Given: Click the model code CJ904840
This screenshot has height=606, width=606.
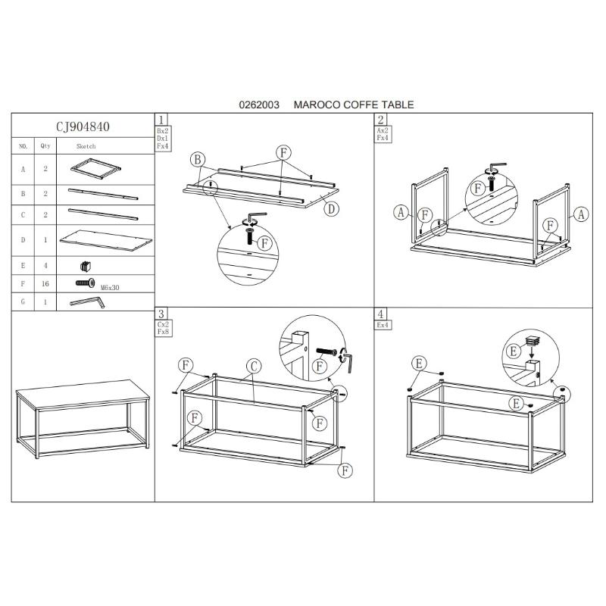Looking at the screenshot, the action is click(x=83, y=127).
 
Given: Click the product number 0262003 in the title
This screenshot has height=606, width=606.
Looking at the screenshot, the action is click(x=259, y=105).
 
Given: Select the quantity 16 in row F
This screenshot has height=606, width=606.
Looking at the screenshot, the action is click(x=45, y=283).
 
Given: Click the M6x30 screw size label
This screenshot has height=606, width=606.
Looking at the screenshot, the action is click(x=110, y=288).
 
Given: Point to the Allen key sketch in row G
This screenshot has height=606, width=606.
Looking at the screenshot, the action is click(x=87, y=301).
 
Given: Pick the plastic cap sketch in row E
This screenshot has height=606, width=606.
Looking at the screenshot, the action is click(x=86, y=266).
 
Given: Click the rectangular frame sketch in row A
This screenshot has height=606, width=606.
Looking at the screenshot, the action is click(x=96, y=168).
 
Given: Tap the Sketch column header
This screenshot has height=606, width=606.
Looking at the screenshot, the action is click(x=86, y=146).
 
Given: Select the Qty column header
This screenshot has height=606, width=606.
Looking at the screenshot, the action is click(x=45, y=145).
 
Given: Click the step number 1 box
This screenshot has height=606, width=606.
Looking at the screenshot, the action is click(x=161, y=120).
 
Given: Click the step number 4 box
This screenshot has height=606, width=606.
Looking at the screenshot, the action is click(x=381, y=314).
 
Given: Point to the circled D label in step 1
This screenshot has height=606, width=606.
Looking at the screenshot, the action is click(x=331, y=209).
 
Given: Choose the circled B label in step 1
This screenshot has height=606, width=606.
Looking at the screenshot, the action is click(x=198, y=159).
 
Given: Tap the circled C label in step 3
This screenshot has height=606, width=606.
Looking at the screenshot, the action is click(x=254, y=367).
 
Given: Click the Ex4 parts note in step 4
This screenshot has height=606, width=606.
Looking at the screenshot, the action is click(x=383, y=325).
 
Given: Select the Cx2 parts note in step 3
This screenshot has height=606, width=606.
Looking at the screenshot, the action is click(x=163, y=324).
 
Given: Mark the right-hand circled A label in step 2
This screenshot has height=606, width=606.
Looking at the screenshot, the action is click(x=581, y=214).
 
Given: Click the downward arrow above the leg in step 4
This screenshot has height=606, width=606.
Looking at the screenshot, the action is click(x=533, y=351).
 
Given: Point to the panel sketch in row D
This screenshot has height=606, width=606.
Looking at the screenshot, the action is click(x=106, y=240).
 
